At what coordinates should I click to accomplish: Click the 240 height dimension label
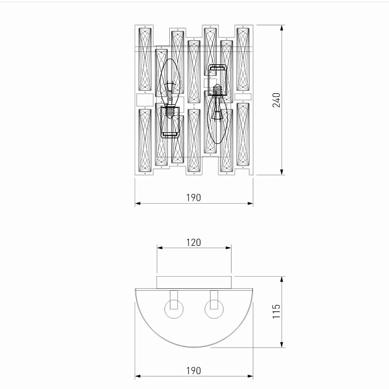coord(276,100)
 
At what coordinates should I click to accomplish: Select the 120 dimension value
coord(193,243)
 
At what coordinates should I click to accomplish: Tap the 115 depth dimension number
coord(276,311)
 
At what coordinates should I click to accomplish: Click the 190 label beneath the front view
coord(193,198)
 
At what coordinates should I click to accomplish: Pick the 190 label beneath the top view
coord(193,371)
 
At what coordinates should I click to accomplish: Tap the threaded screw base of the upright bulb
coord(170,112)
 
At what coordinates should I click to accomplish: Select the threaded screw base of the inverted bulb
coord(217,90)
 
